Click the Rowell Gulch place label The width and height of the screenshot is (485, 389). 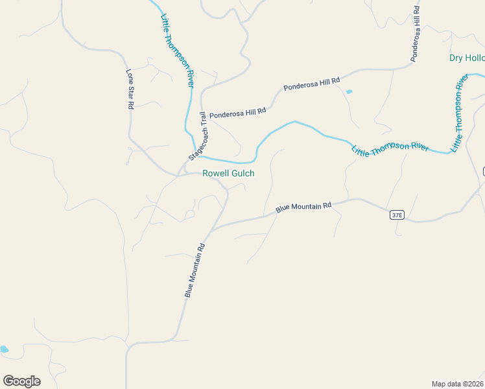coord(228,174)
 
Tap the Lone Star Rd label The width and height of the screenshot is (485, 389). coord(130,89)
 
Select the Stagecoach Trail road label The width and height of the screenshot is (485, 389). coord(198,137)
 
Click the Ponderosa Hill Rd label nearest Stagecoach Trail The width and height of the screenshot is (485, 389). coord(237,112)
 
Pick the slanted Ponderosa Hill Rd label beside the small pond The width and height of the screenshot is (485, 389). coord(312,84)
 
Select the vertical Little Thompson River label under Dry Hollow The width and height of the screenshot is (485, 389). coord(460,113)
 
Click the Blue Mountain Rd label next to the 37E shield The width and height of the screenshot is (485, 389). coord(303,207)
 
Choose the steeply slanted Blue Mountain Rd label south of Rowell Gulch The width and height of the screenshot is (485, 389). coord(195,270)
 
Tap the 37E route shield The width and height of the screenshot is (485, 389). coord(397,215)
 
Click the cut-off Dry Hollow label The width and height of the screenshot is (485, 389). coord(467,58)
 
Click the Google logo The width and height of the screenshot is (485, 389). coord(21,381)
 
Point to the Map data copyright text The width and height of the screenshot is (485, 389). coord(457,383)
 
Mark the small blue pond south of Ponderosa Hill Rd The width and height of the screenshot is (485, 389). coord(349,92)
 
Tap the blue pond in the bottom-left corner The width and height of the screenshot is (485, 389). coord(4,349)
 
